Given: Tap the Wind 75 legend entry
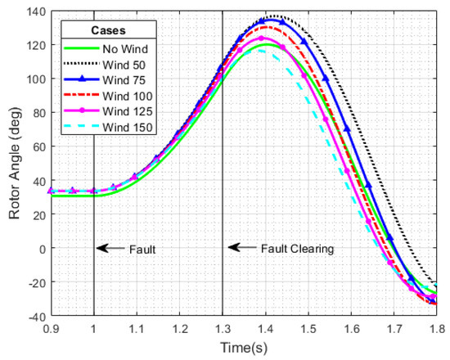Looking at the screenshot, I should (120, 82).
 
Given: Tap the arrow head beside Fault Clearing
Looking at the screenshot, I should (231, 247).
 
